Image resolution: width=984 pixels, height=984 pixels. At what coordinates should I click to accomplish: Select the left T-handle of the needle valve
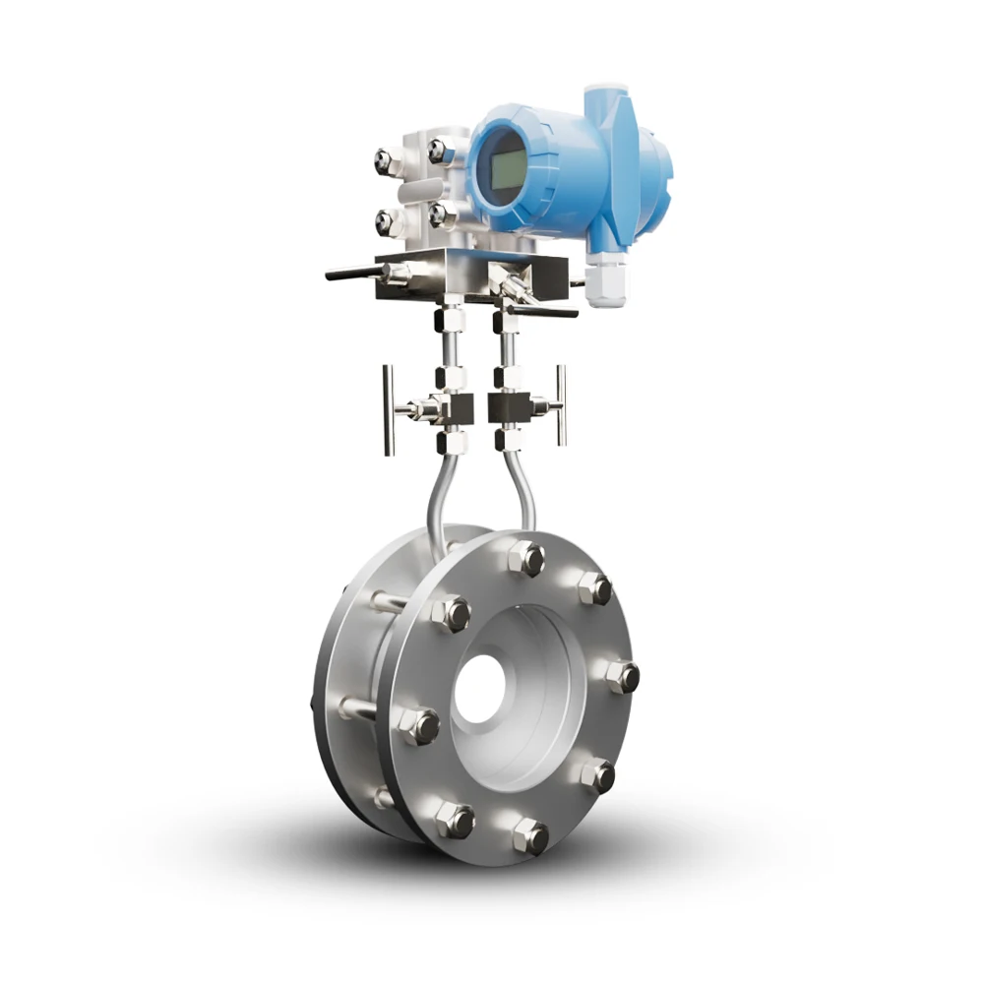389,408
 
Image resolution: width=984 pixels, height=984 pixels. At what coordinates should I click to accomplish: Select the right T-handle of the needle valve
560,402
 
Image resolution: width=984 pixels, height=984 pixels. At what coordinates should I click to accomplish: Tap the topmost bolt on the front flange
526,559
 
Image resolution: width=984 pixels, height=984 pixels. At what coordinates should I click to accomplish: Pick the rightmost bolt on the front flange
621,676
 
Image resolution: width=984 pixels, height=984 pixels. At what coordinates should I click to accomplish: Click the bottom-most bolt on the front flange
530,835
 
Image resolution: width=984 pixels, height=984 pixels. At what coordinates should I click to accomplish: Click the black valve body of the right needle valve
508,403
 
